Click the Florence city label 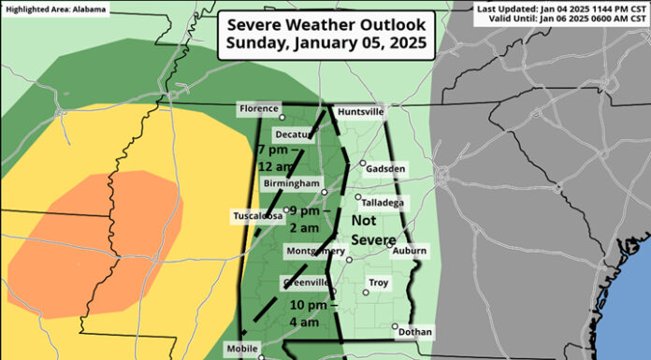click(x=259, y=109)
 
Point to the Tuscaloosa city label click(x=258, y=216)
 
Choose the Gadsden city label click(x=387, y=168)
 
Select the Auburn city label click(x=409, y=250)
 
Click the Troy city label click(x=378, y=281)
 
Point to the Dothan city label click(x=414, y=331)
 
